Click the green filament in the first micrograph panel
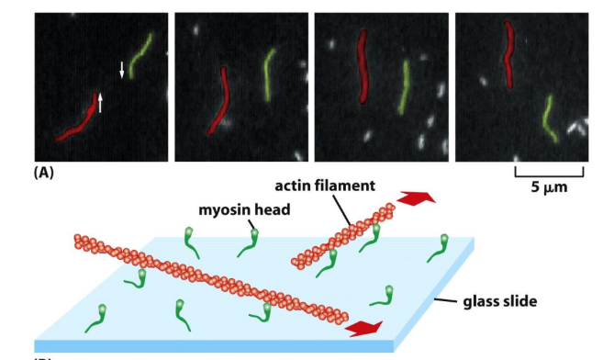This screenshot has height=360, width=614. point(140,53)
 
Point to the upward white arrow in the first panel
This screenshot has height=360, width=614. point(101,102)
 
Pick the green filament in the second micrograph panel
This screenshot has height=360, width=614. point(268,73)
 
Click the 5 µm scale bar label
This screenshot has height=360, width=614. point(548,189)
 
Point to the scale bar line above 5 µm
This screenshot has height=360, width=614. point(548,174)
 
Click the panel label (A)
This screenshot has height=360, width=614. point(44,172)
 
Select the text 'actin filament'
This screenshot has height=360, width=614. point(331,186)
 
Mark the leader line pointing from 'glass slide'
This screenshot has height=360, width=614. point(444,298)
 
